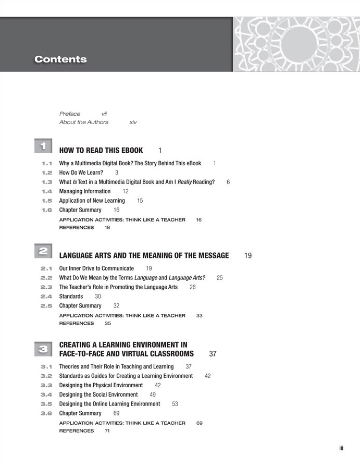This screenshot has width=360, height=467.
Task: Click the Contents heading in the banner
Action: pyautogui.click(x=60, y=59)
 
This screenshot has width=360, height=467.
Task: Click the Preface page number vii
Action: pyautogui.click(x=104, y=114)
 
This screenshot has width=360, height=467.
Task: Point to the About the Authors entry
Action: pyautogui.click(x=84, y=122)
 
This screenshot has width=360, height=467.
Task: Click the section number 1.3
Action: pyautogui.click(x=47, y=182)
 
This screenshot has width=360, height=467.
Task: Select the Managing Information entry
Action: pyautogui.click(x=85, y=191)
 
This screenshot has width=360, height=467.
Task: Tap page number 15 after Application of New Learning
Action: pyautogui.click(x=140, y=201)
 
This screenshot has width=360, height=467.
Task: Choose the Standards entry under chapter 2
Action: pyautogui.click(x=71, y=297)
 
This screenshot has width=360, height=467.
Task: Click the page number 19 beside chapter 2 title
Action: pyautogui.click(x=248, y=256)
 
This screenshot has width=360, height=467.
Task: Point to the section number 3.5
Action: pyautogui.click(x=46, y=404)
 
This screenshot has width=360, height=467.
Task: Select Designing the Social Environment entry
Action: pyautogui.click(x=98, y=395)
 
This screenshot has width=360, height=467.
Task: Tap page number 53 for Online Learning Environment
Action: pyautogui.click(x=175, y=404)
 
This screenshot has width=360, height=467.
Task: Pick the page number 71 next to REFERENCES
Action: pyautogui.click(x=107, y=431)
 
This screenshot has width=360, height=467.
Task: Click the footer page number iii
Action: pyautogui.click(x=341, y=448)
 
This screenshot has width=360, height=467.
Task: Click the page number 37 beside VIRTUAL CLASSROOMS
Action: pyautogui.click(x=213, y=354)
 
